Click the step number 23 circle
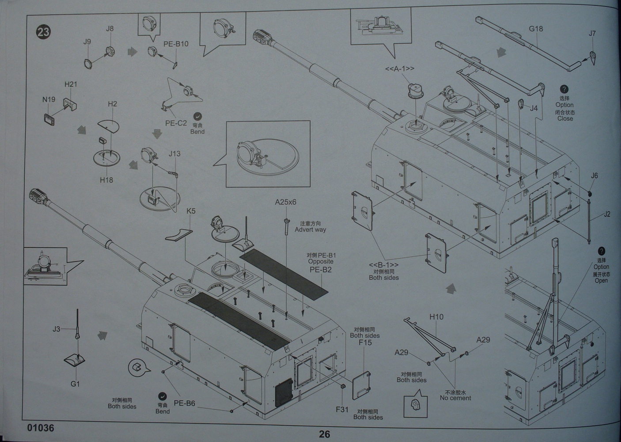[44, 32]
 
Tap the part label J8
[110, 29]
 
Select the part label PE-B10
[176, 44]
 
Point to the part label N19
[49, 99]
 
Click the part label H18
[106, 180]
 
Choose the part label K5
[191, 211]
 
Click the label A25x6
[285, 202]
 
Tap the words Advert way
[310, 229]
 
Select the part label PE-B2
[320, 270]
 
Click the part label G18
[536, 29]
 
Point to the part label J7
[592, 33]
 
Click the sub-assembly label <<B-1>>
[383, 264]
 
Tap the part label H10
[436, 316]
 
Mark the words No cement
[455, 398]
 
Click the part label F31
[342, 409]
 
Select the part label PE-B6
[184, 403]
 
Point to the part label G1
[75, 384]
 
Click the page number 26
[324, 434]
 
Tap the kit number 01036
[40, 428]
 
